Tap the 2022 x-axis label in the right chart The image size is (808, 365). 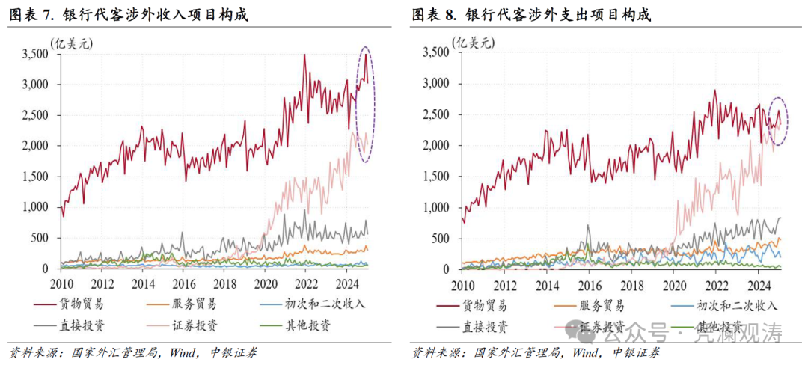point(717,286)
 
